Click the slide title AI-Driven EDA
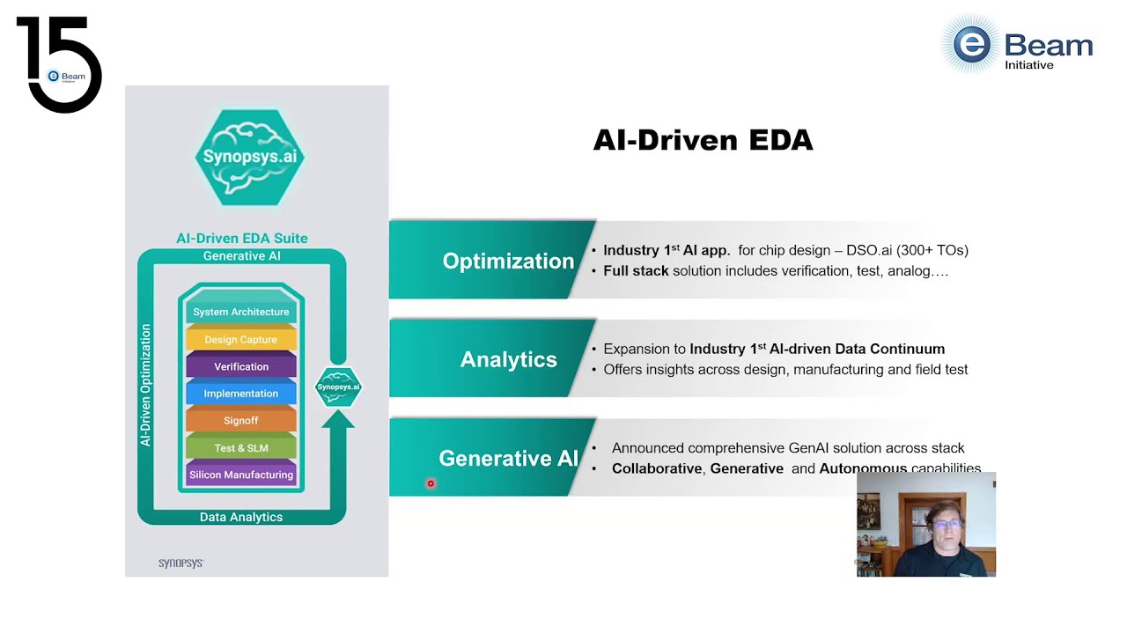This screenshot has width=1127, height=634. click(x=703, y=141)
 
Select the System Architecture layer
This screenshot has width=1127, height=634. click(x=241, y=312)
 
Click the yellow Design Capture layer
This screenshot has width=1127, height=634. click(x=241, y=340)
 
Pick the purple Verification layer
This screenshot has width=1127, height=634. click(x=241, y=366)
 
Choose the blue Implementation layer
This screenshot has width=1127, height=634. click(x=241, y=394)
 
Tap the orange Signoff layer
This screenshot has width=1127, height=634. click(x=241, y=421)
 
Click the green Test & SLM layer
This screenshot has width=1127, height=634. click(x=241, y=448)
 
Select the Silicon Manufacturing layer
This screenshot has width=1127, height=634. click(x=241, y=475)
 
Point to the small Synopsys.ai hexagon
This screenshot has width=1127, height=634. click(x=338, y=387)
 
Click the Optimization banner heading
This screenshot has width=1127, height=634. click(x=508, y=262)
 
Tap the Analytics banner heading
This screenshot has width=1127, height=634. click(x=509, y=359)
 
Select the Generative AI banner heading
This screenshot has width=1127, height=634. click(x=508, y=459)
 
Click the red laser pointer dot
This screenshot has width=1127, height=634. click(x=431, y=483)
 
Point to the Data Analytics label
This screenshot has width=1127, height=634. click(x=241, y=517)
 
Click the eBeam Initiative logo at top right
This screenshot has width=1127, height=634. click(x=1017, y=45)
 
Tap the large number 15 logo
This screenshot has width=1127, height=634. click(x=59, y=63)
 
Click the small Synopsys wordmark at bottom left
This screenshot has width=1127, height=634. click(x=180, y=563)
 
